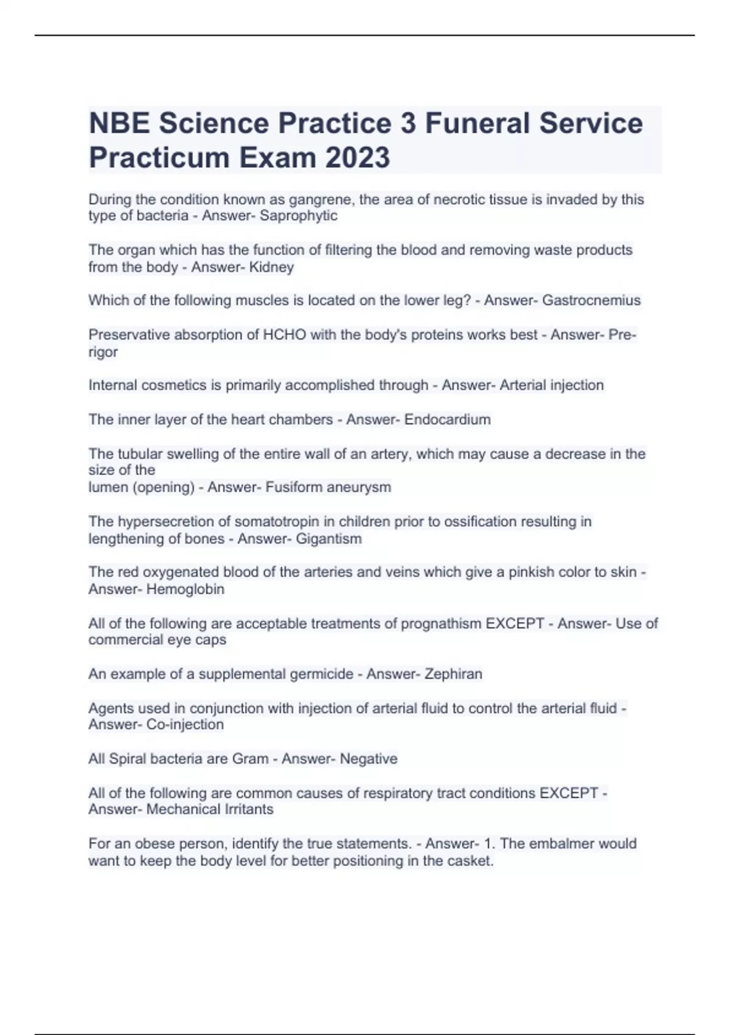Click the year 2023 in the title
click(x=358, y=158)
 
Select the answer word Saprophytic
click(x=298, y=216)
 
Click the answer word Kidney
click(x=271, y=267)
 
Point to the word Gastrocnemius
click(x=591, y=300)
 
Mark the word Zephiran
click(x=453, y=674)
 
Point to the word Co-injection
click(x=185, y=724)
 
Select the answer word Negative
click(x=368, y=759)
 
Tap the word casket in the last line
click(x=470, y=861)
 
